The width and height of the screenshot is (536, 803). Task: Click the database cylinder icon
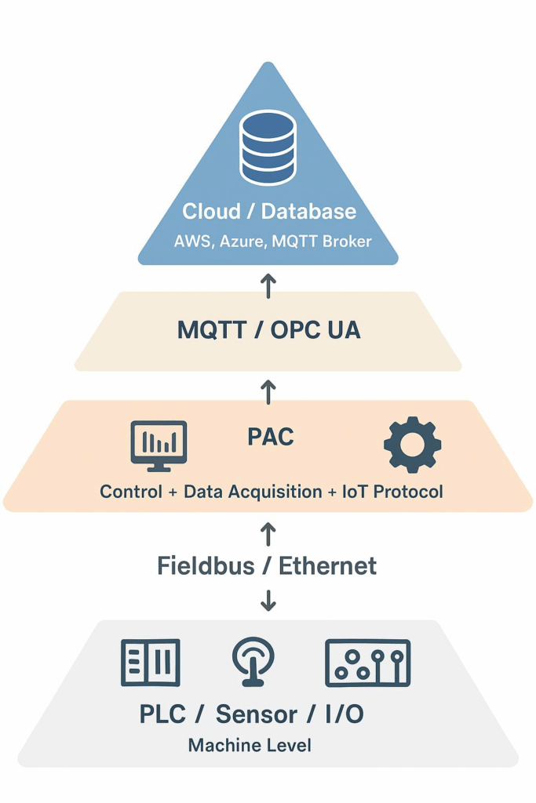268,147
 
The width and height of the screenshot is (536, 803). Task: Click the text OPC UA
315,330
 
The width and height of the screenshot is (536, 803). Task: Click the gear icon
412,445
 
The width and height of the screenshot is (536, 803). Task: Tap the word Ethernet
328,565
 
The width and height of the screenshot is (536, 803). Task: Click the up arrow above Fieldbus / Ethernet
268,534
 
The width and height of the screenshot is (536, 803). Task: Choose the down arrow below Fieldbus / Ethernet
268,600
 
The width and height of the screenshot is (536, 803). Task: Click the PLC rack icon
151,662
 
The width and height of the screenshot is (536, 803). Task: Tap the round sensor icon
253,662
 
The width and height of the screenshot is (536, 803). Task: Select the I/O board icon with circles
367,663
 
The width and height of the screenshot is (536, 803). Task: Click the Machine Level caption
250,745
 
